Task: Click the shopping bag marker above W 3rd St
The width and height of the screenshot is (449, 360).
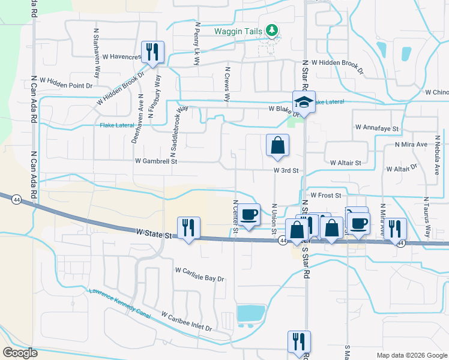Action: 277,145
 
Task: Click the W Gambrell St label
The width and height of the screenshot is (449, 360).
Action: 157,161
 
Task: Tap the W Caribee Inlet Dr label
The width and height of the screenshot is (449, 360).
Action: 187,322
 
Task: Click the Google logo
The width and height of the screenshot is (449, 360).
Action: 20,353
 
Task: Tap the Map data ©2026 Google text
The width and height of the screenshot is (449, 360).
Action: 411,355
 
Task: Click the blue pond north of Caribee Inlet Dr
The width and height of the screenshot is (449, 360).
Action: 250,313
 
